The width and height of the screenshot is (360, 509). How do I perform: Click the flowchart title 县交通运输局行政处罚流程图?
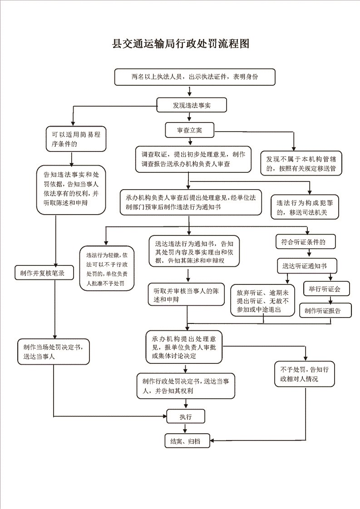181,44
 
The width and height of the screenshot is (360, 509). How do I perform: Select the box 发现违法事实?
192,105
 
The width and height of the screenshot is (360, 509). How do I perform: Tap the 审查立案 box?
190,130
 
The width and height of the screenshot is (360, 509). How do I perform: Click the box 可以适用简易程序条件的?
76,139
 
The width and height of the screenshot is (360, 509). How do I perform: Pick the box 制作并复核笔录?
44,273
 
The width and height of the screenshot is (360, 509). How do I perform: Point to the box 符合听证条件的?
306,242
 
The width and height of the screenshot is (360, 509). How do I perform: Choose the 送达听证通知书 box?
307,266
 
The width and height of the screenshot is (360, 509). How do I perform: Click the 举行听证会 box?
326,289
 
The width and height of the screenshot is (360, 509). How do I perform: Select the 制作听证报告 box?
325,310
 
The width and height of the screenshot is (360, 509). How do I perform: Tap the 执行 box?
186,416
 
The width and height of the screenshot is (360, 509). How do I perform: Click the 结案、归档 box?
187,441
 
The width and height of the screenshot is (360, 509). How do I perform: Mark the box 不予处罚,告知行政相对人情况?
305,374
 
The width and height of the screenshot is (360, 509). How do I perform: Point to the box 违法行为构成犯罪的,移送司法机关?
305,207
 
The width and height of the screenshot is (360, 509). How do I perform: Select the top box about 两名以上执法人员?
195,77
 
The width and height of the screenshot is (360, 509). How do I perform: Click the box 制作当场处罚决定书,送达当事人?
54,352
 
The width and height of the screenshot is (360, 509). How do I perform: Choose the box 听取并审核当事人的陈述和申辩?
186,295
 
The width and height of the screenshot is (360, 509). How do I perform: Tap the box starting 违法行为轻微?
107,269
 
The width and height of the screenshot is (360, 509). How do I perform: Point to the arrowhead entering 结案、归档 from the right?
212,440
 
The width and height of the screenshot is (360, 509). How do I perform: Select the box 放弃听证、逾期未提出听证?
263,300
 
